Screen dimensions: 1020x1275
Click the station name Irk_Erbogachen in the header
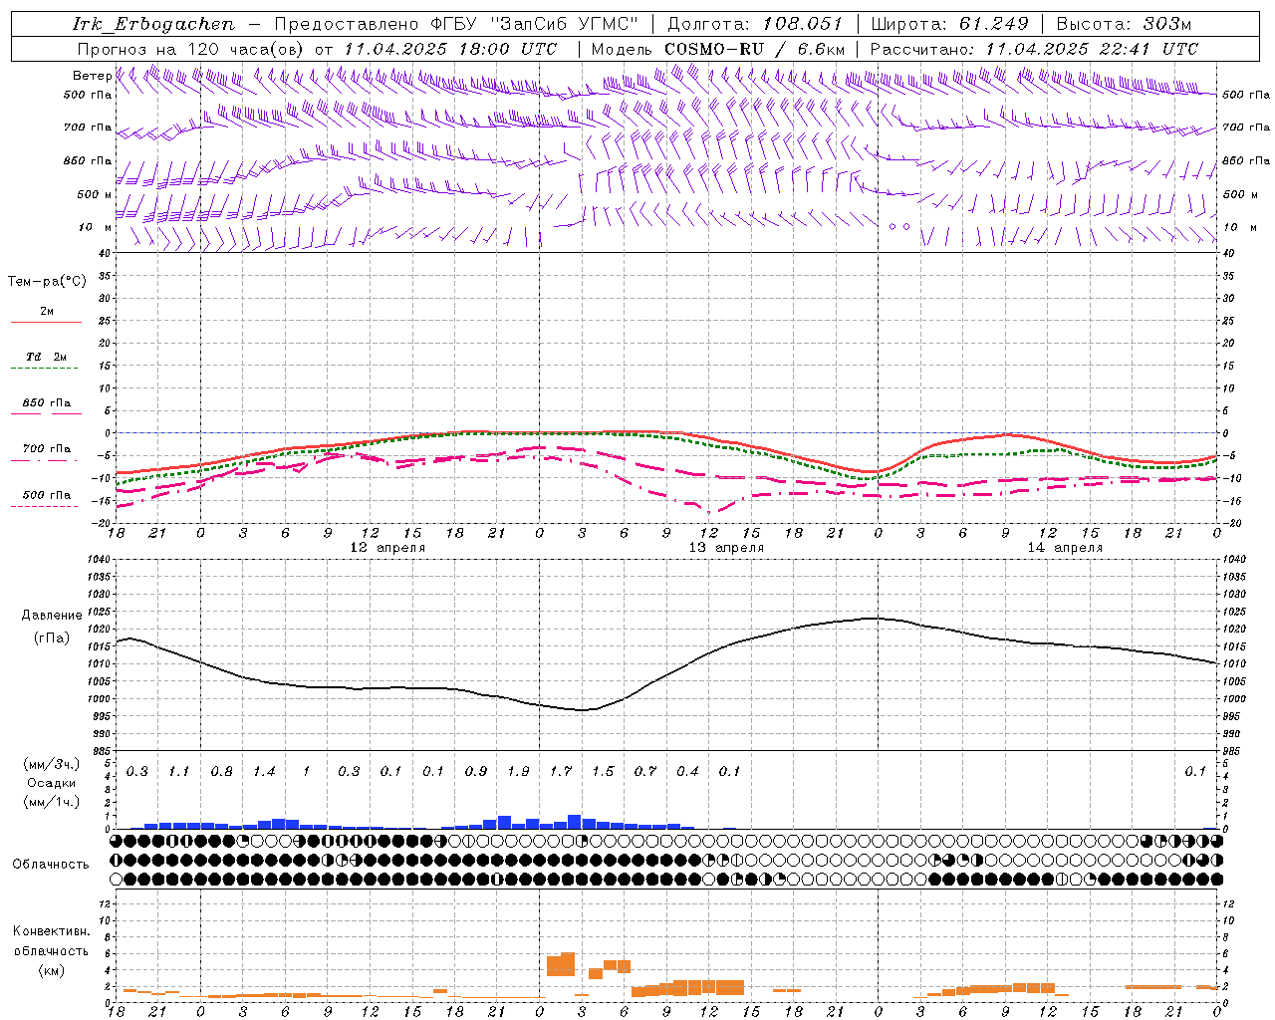coord(154,24)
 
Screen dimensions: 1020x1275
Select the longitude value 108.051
coord(803,24)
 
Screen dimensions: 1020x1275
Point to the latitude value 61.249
coord(994,24)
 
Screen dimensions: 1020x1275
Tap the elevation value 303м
coord(1166,24)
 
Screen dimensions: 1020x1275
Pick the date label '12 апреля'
coord(387,548)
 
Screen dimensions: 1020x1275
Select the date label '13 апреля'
coord(726,548)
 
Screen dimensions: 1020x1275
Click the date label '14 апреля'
coord(1065,548)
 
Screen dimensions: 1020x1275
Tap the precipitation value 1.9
coord(518,771)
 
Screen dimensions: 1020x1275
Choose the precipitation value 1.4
coord(264,771)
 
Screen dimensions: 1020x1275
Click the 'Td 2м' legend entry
coord(46,357)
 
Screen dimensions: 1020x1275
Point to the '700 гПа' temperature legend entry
coord(46,449)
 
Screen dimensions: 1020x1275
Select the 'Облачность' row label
coord(51,865)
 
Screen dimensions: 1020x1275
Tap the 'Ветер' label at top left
coord(92,76)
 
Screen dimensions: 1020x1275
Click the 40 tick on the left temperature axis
coord(104,253)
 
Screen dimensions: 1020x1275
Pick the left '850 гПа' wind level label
coord(88,161)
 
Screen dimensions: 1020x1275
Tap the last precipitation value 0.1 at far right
coord(1195,771)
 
